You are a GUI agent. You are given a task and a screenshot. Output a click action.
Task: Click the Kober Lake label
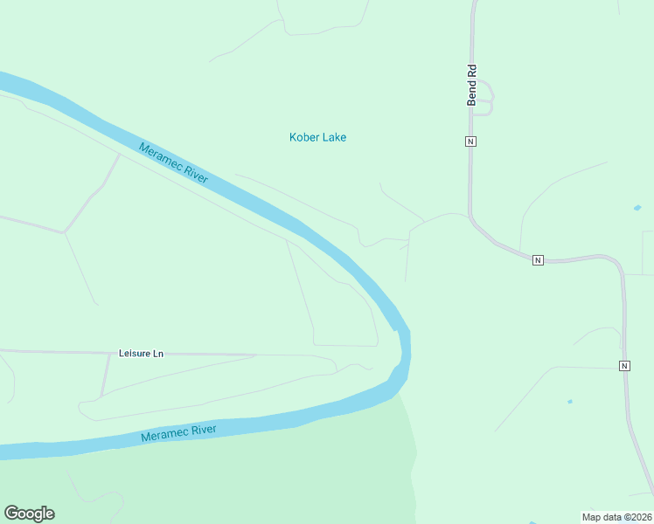[317, 137]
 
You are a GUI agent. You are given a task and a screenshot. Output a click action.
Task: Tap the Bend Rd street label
[471, 85]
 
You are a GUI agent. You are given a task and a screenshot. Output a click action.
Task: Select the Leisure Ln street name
[141, 354]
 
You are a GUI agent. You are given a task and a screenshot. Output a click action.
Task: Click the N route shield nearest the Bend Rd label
[470, 141]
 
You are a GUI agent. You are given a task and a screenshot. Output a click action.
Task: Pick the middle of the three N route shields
[538, 260]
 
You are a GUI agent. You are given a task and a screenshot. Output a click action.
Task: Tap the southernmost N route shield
[624, 365]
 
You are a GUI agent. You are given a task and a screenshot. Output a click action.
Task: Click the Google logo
[29, 514]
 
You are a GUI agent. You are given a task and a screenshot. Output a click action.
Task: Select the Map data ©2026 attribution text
[616, 516]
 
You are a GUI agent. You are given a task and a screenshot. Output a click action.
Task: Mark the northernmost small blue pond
[637, 209]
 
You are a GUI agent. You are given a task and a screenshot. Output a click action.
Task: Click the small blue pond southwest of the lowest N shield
[570, 402]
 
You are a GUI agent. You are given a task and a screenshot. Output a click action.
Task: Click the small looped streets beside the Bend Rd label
[484, 98]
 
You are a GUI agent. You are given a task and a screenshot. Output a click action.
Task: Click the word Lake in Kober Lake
[334, 137]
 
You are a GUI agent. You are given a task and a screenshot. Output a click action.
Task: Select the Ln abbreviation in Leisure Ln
[157, 354]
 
